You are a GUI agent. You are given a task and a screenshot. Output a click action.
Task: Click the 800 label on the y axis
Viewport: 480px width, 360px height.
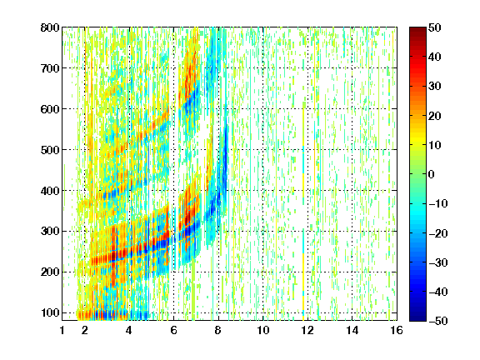50,27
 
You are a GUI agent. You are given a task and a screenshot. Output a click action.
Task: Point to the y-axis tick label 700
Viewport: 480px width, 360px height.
50,68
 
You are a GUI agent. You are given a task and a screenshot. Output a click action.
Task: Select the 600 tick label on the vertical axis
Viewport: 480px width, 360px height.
50,109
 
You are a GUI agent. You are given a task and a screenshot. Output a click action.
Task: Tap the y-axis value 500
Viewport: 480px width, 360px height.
50,150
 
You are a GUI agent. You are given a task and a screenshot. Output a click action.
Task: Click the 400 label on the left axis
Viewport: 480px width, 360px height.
50,191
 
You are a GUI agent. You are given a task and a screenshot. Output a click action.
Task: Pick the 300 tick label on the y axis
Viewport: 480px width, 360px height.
50,232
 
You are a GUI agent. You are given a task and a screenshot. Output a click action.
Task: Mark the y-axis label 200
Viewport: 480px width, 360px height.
50,272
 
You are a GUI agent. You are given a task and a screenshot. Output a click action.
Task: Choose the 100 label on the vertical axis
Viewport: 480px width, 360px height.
50,312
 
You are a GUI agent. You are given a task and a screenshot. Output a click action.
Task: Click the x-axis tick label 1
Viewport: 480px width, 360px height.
62,330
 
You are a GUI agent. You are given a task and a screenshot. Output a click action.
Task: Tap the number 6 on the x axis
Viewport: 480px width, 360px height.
173,330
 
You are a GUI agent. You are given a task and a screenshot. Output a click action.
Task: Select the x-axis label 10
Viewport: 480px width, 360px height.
263,330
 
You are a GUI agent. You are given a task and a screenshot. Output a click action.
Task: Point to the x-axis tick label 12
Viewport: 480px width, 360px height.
307,330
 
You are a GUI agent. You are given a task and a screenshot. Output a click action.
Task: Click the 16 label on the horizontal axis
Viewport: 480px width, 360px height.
397,330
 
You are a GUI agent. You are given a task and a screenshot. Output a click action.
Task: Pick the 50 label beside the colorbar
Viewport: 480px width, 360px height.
434,27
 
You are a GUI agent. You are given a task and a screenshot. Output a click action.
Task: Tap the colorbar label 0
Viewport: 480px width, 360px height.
432,174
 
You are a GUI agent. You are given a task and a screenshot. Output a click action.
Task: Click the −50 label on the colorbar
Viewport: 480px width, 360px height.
437,321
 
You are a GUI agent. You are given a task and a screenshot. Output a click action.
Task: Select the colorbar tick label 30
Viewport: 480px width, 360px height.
434,87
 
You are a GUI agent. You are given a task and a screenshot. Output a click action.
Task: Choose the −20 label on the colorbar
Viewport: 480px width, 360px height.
437,233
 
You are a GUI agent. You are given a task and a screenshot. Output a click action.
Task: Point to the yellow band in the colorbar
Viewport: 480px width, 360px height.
417,142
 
